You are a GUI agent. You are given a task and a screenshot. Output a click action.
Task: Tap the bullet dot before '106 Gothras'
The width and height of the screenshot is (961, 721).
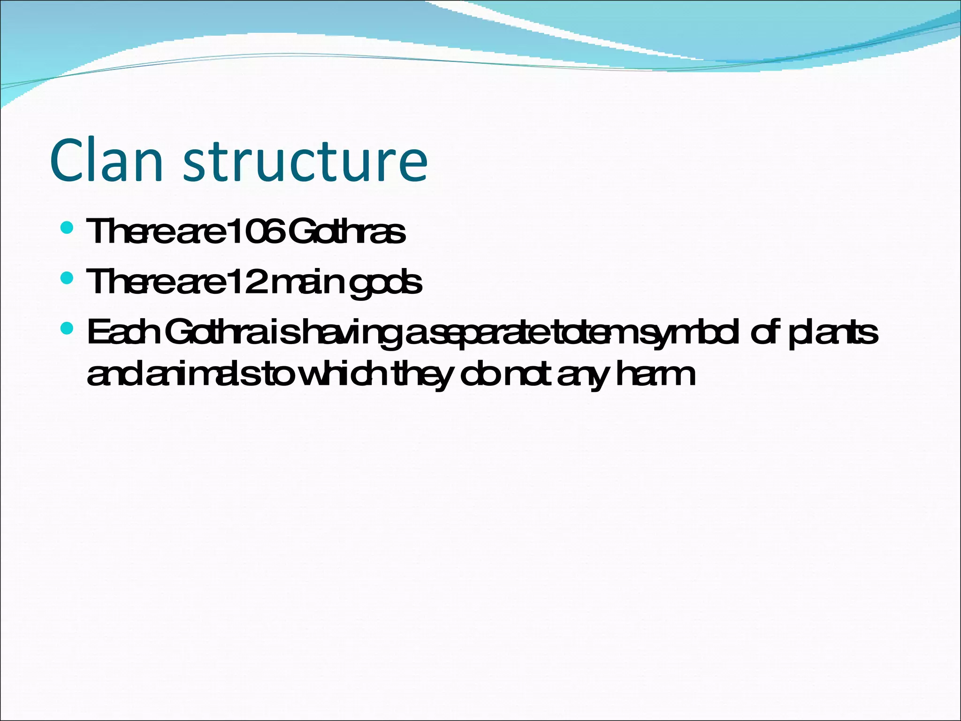tap(68, 228)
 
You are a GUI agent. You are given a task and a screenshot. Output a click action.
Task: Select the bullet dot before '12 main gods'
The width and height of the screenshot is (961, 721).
tap(68, 279)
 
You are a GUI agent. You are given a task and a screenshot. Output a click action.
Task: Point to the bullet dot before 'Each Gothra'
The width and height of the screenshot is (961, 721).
tap(68, 329)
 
